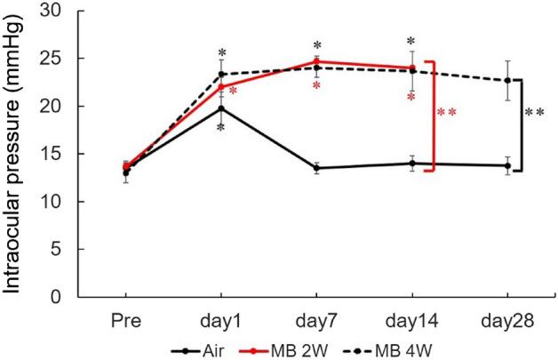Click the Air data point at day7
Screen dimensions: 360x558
316,168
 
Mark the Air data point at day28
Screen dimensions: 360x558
507,165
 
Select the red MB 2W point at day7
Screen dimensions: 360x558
316,62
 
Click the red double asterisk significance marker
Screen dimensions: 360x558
446,113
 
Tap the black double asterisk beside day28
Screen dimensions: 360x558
535,113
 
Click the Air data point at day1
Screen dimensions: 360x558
221,108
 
